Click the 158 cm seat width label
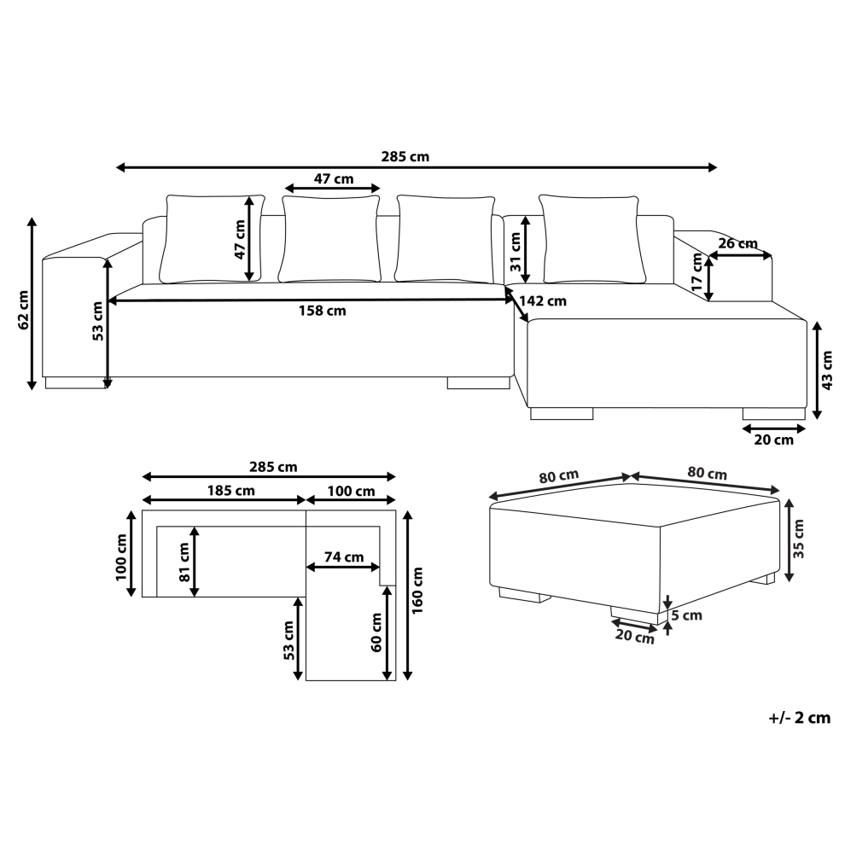click(x=323, y=311)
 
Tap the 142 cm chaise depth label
click(x=543, y=300)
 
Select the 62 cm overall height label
click(x=24, y=310)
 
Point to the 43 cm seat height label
click(x=827, y=370)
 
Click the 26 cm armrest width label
click(x=737, y=243)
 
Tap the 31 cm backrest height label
click(x=516, y=251)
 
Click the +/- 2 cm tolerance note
click(x=799, y=718)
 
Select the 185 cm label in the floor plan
click(x=230, y=491)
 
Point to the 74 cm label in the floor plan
click(x=344, y=557)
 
